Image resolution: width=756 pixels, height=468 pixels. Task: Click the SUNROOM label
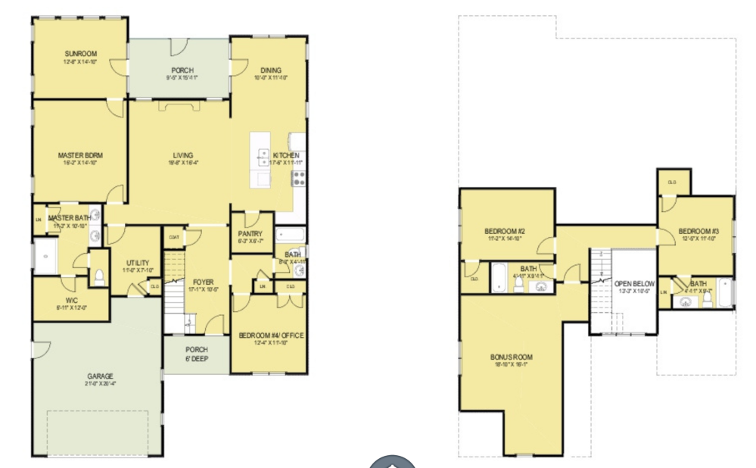pyautogui.click(x=78, y=54)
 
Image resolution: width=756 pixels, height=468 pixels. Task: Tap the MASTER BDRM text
pyautogui.click(x=80, y=155)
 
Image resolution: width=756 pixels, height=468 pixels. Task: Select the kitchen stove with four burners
pyautogui.click(x=298, y=179)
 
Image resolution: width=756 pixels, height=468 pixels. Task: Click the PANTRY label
pyautogui.click(x=250, y=234)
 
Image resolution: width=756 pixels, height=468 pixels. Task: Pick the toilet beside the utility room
pyautogui.click(x=98, y=275)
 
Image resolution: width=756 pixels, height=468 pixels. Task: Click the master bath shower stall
pyautogui.click(x=47, y=257)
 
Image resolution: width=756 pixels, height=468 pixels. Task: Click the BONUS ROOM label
pyautogui.click(x=512, y=356)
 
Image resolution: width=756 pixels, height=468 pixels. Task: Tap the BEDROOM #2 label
pyautogui.click(x=505, y=231)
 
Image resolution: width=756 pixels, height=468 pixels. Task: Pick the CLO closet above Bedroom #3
pyautogui.click(x=672, y=182)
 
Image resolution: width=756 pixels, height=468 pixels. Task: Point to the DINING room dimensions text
pyautogui.click(x=271, y=77)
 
